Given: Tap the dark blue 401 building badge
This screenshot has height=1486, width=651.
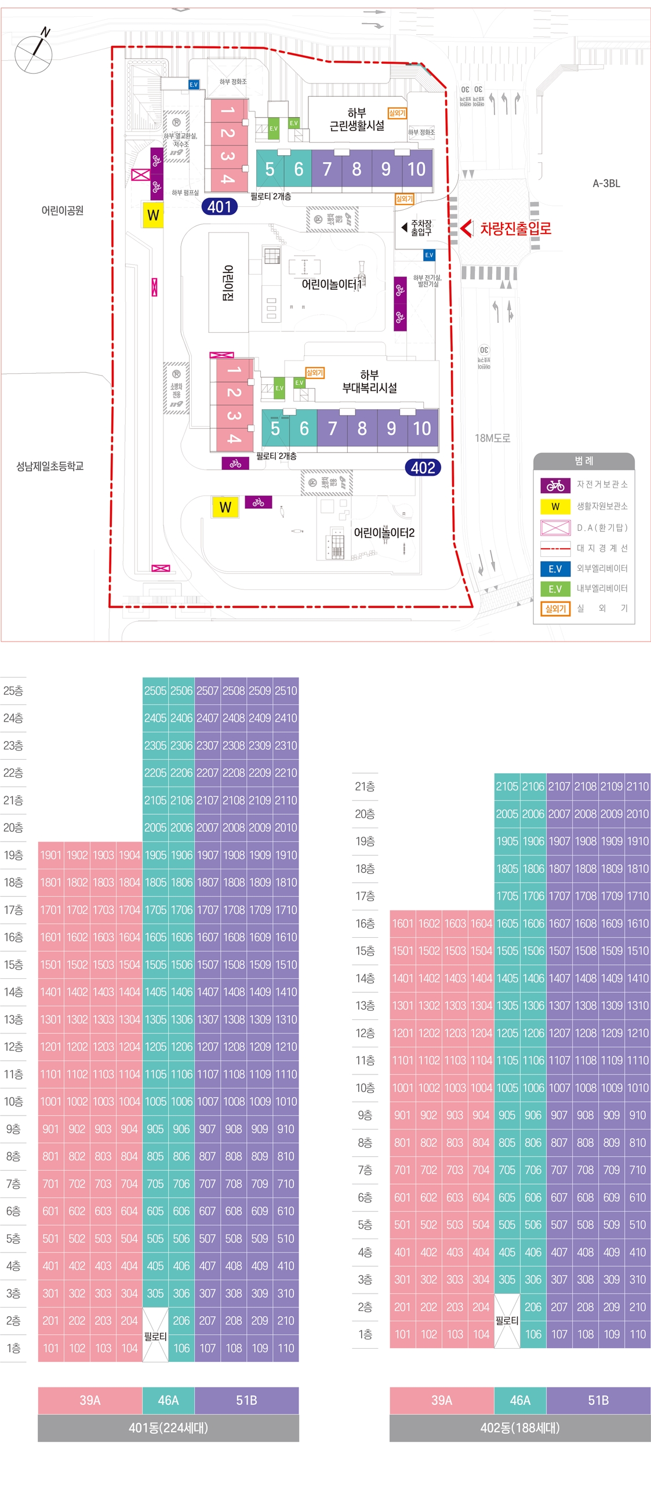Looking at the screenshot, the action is tap(219, 206).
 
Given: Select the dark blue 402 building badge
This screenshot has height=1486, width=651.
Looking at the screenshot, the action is tap(423, 467).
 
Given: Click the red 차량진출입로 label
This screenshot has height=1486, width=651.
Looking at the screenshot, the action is tap(515, 228).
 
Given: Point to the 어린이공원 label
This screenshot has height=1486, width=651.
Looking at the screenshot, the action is tap(62, 210).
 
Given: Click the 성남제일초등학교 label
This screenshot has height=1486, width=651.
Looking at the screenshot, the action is tap(50, 465).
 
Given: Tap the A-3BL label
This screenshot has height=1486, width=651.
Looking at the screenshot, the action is tap(606, 183).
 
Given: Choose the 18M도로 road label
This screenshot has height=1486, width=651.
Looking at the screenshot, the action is tap(492, 438).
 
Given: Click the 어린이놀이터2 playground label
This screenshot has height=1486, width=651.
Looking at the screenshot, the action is tap(384, 532).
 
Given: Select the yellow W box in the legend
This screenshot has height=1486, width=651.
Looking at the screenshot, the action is tap(555, 506).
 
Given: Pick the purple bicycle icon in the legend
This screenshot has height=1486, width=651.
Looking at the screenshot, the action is tap(555, 485).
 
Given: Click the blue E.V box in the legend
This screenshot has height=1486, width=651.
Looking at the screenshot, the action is tap(555, 569).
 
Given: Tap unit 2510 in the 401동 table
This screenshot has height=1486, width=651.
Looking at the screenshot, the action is tap(286, 690).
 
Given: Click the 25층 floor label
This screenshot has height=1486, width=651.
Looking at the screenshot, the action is tap(13, 690).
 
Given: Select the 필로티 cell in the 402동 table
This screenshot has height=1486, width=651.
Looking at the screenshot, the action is tap(507, 1320).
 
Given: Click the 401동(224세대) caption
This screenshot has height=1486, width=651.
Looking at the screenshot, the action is tap(168, 1427).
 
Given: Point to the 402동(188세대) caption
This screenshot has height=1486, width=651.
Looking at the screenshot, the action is tap(519, 1427).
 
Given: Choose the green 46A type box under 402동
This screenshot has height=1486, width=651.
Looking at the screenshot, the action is tap(519, 1400).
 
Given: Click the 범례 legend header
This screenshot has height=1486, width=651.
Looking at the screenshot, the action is tap(584, 461).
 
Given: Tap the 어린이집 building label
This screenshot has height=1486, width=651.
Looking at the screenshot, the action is tap(228, 282).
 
